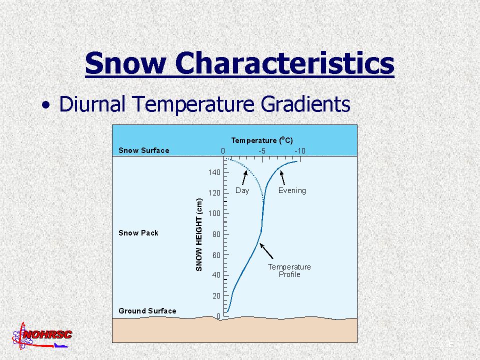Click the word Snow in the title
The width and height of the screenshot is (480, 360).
click(125, 63)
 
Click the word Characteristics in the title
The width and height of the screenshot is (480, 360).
click(284, 63)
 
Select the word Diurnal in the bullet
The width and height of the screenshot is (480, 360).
click(92, 104)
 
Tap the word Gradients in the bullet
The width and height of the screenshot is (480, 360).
click(305, 104)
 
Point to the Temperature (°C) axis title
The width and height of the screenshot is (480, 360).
click(262, 140)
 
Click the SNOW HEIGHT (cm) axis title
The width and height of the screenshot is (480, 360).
click(199, 235)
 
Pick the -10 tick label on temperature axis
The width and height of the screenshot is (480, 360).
click(299, 151)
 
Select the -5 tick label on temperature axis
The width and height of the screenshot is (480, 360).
click(261, 151)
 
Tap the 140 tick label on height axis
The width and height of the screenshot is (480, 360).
click(214, 172)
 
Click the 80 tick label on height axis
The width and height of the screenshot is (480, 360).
click(216, 234)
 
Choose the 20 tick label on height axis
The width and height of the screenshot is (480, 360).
click(216, 295)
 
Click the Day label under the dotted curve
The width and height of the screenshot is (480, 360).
click(242, 190)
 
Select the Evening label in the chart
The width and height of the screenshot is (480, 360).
click(292, 190)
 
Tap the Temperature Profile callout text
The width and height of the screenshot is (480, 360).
click(289, 270)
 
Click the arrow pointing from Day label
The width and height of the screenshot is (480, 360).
click(244, 177)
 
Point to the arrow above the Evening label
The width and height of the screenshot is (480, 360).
click(282, 177)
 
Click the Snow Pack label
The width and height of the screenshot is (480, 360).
click(138, 233)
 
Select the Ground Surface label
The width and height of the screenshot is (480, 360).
click(147, 311)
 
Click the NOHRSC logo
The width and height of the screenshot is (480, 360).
click(42, 336)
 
